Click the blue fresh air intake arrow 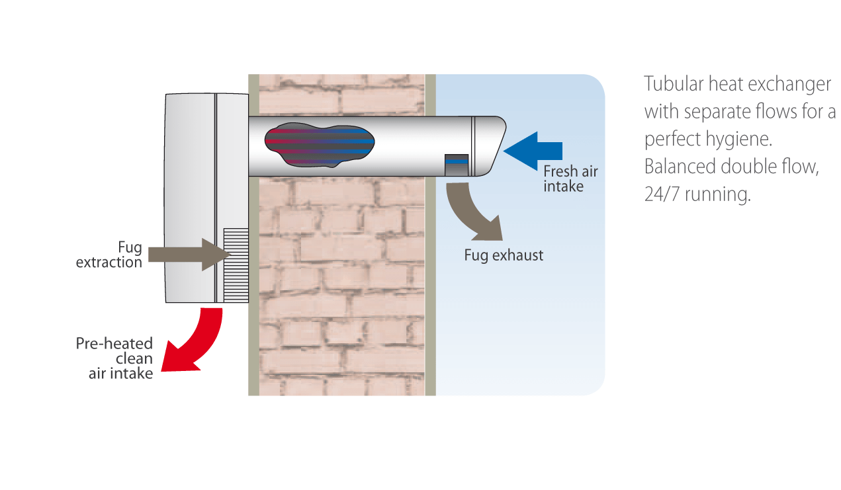533,151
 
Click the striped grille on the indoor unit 236,265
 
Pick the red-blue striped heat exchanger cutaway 320,145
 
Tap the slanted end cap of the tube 488,146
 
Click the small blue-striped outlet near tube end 457,165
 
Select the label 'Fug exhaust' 504,255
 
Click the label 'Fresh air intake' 570,179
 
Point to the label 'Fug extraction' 109,255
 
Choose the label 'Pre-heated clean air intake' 114,358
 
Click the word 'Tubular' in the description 674,83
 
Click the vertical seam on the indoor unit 216,198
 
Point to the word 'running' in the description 718,194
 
